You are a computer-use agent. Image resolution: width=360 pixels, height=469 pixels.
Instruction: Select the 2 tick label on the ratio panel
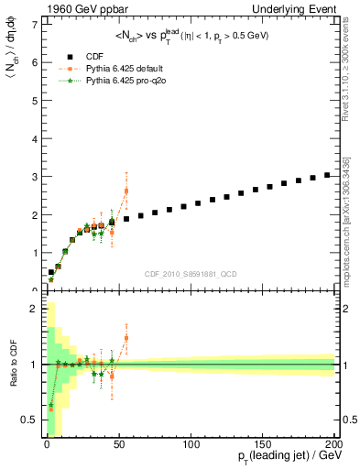34,309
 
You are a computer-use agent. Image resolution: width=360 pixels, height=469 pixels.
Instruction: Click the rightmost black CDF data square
327,174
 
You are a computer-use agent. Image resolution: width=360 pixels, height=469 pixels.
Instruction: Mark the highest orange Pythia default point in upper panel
126,191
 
